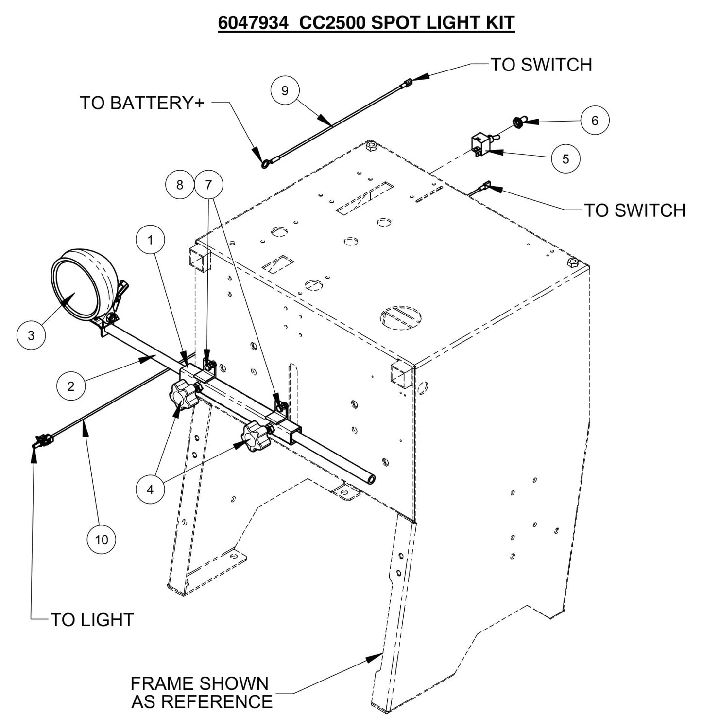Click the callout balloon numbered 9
point(285,90)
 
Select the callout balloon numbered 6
point(595,120)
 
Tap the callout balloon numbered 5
point(565,158)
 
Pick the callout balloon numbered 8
point(180,185)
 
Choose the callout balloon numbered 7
point(208,185)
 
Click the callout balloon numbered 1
point(150,240)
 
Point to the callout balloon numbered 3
point(31,335)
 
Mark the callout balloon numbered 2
point(71,386)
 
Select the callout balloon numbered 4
point(150,490)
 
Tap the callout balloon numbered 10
point(102,540)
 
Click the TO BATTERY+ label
point(142,103)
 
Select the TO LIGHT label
point(92,620)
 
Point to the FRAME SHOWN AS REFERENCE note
point(201,692)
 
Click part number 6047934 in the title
point(253,23)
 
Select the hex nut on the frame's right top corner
point(572,263)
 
